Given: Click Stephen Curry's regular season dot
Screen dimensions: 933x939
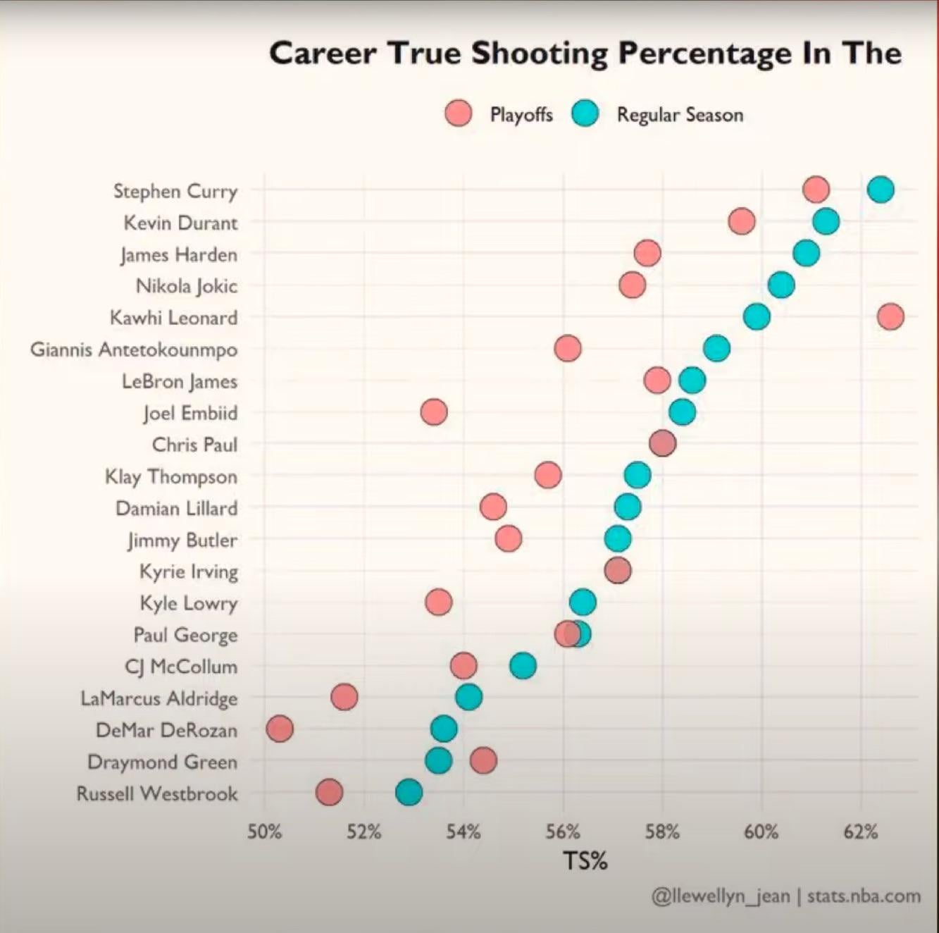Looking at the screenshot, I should (x=881, y=189).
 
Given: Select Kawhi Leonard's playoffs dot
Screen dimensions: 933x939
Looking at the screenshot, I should (x=890, y=316).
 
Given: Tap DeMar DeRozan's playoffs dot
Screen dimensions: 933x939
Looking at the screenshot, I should (x=280, y=729).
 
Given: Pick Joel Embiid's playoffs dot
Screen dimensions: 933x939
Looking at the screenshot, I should (x=433, y=412).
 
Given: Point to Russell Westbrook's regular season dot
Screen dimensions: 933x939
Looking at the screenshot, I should (x=409, y=792).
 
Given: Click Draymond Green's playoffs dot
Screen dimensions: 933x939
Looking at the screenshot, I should (x=483, y=760).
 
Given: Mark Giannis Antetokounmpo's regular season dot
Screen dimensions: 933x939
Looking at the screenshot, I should (x=716, y=348).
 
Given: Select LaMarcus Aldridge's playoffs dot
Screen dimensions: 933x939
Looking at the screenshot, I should (x=344, y=697).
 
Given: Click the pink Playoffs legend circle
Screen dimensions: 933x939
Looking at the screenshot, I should (x=459, y=113).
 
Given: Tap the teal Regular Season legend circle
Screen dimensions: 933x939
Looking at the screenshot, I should (x=585, y=113).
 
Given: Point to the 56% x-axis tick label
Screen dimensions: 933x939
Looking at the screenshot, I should (x=563, y=832).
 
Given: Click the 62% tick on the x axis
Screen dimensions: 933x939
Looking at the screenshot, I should (x=861, y=832).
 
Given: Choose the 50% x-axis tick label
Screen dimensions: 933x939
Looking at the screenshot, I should (x=264, y=832).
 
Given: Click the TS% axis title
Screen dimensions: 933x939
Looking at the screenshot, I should (x=585, y=860).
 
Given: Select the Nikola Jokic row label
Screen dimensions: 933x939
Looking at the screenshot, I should (x=187, y=286).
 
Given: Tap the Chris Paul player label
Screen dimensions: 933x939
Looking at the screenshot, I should (x=194, y=445).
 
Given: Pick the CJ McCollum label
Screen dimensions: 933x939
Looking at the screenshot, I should (x=181, y=667).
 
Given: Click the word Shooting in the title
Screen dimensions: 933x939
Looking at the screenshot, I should (x=540, y=54).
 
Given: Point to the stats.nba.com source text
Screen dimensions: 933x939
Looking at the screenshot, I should (x=864, y=896).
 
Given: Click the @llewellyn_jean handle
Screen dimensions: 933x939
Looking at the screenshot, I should (x=721, y=896).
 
